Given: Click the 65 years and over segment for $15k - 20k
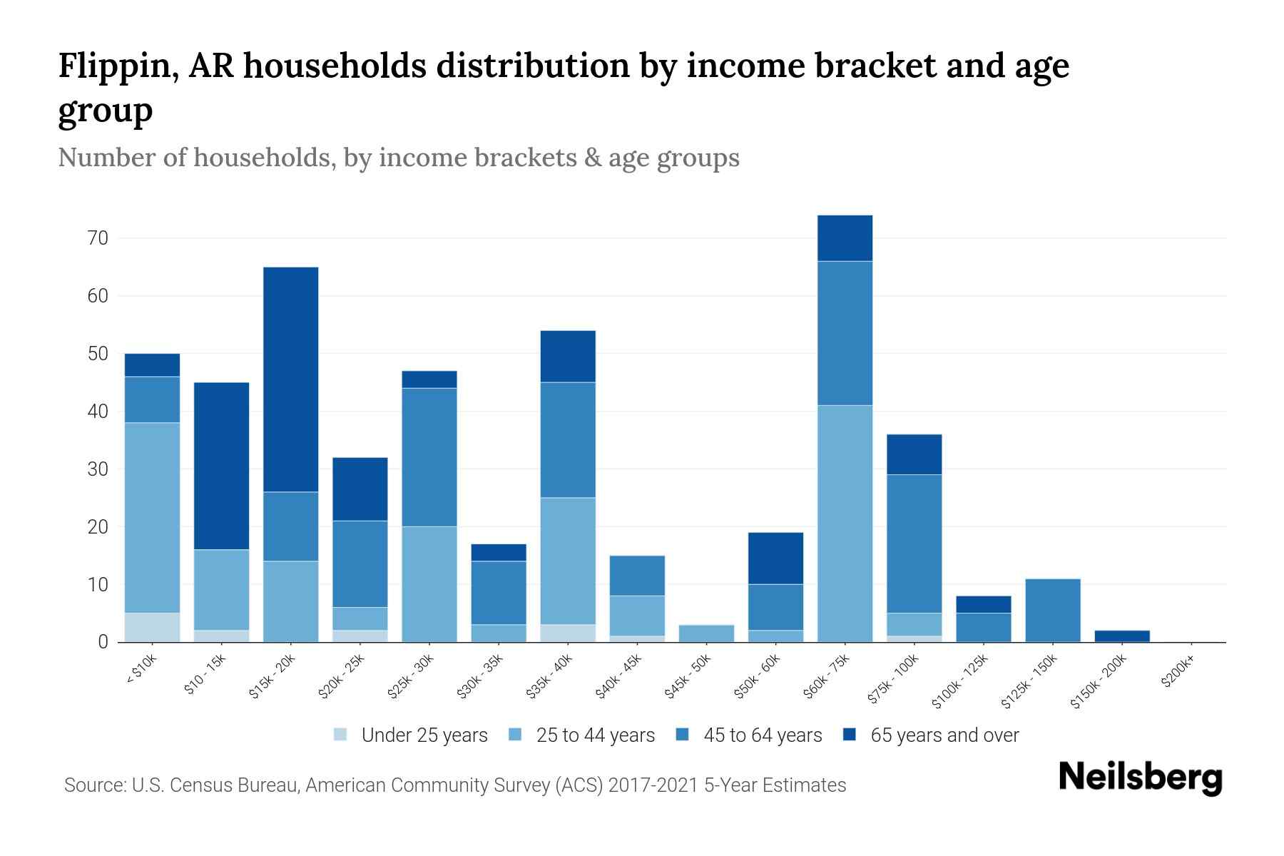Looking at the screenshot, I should pos(290,379).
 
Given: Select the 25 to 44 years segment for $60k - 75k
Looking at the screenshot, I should pos(845,524).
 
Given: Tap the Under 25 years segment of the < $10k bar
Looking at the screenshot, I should pos(152,628).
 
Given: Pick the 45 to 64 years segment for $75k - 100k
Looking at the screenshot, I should pos(914,544).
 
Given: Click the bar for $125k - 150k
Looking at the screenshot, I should pos(1052,611).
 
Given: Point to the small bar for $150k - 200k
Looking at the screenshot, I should pos(1121,636).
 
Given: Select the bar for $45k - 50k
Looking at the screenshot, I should pos(706,633).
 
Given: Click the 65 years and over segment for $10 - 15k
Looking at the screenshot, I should pos(221,466).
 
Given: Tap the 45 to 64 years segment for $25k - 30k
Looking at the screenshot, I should pos(429,457).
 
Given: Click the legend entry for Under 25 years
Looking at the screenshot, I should pos(424,735).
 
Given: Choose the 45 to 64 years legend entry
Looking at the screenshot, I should pos(762,735).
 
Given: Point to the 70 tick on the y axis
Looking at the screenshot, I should pos(98,238).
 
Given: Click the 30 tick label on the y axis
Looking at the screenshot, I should pos(98,469).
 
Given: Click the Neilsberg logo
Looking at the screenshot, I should pos(1140,778).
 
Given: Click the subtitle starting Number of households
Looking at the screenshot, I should pos(398,158).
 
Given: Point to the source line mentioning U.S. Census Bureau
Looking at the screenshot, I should pos(454,785).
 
